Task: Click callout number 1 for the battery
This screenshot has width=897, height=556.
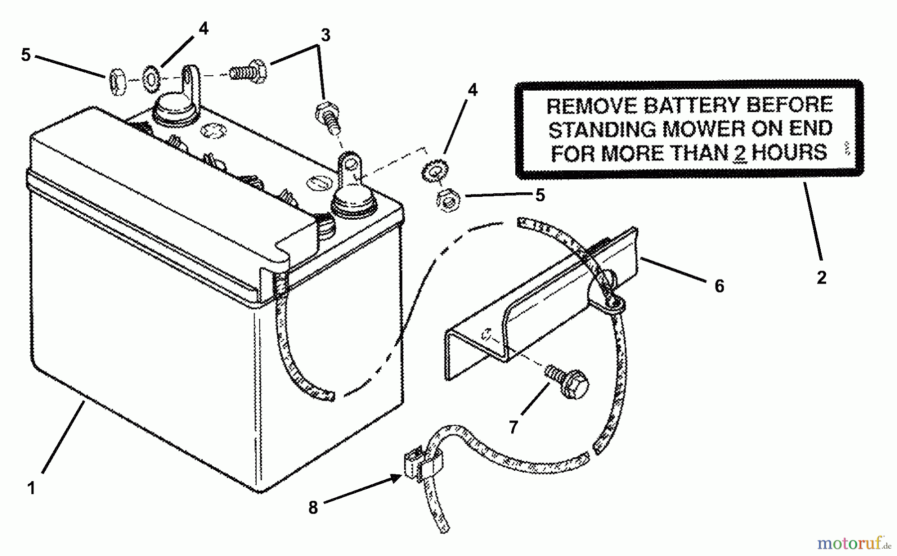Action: tap(31, 488)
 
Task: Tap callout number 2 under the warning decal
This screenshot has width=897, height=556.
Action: tap(821, 278)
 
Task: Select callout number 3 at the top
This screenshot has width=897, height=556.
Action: tap(325, 36)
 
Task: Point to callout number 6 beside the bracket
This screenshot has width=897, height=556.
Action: tap(719, 286)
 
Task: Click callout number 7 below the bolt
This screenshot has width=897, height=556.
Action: tap(514, 426)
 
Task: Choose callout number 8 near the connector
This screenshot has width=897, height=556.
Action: tap(313, 508)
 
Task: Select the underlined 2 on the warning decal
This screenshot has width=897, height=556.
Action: tap(740, 153)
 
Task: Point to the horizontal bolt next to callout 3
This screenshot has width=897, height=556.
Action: tap(248, 71)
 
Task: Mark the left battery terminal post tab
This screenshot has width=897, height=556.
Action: tap(190, 81)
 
